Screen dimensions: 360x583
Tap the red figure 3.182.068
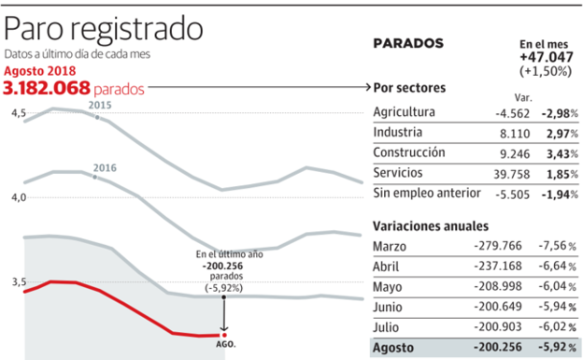(x=47, y=88)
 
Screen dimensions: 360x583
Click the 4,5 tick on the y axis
(x=18, y=113)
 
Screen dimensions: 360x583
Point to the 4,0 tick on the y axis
(x=18, y=197)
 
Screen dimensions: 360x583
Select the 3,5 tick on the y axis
(x=18, y=281)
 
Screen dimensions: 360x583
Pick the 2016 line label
(x=104, y=168)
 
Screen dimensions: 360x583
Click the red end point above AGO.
(x=223, y=334)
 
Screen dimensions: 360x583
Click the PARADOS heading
(x=408, y=43)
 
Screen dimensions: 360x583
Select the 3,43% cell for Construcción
(x=562, y=152)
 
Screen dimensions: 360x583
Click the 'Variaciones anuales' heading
(x=430, y=226)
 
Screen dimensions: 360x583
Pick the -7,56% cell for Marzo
(x=560, y=246)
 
